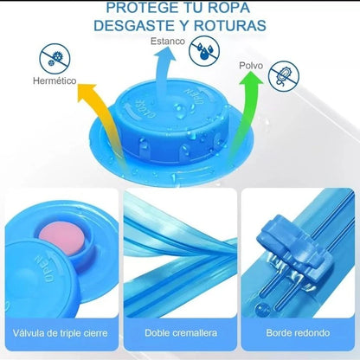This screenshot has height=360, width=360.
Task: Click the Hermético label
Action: pos(55,80)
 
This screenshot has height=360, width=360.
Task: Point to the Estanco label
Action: pos(168,41)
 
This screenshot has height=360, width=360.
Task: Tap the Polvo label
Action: pos(251,66)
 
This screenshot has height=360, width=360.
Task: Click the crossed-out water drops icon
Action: pos(204,51)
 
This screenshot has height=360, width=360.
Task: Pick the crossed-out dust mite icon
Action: pos(284,76)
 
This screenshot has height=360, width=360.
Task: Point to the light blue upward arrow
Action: pos(165,72)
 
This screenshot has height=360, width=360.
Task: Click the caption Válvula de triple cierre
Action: pos(61,333)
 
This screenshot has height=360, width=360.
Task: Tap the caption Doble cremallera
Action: pos(181,333)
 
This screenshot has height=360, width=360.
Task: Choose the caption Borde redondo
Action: pos(298,333)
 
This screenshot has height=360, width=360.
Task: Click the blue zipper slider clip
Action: pos(288,241)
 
